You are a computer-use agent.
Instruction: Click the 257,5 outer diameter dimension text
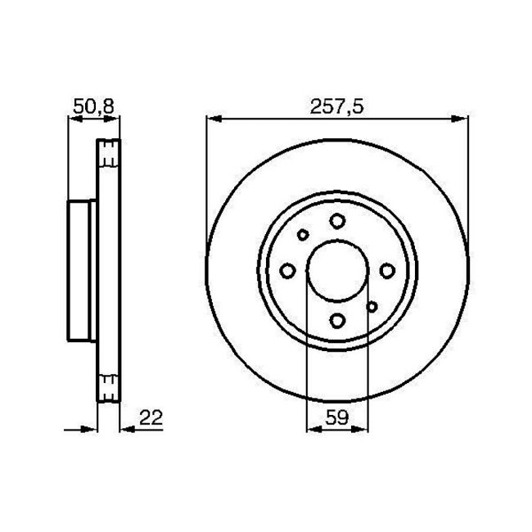pos(337,107)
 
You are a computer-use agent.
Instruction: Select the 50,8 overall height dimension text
pos(90,107)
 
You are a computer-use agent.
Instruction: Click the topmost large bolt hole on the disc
pos(337,219)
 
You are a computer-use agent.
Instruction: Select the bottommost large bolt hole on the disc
pos(337,320)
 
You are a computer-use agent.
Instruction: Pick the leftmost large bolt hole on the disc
pos(286,269)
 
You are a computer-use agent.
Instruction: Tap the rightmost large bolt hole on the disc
pos(387,269)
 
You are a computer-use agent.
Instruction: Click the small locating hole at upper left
pos(303,235)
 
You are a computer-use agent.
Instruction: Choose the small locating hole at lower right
pos(372,306)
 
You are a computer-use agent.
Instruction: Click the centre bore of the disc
pos(337,269)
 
